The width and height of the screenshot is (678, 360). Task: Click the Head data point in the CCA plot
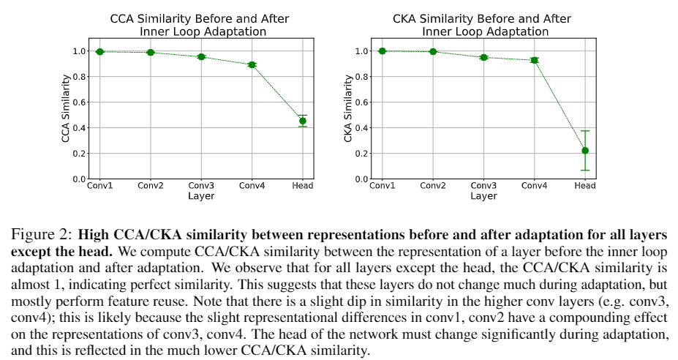pyautogui.click(x=303, y=121)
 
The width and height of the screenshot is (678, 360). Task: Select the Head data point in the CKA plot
pyautogui.click(x=585, y=151)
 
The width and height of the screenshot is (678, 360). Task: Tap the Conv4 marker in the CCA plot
pyautogui.click(x=252, y=64)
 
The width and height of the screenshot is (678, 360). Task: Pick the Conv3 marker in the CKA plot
pyautogui.click(x=483, y=57)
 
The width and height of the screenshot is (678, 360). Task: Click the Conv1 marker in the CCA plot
pyautogui.click(x=99, y=51)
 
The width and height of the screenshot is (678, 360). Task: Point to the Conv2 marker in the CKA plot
pyautogui.click(x=433, y=51)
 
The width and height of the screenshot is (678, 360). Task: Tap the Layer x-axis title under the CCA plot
pyautogui.click(x=200, y=196)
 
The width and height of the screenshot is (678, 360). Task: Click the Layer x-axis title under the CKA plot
pyautogui.click(x=483, y=196)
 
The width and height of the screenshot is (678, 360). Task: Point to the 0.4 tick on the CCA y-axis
pyautogui.click(x=79, y=128)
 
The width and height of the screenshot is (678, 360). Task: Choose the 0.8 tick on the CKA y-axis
pyautogui.click(x=361, y=77)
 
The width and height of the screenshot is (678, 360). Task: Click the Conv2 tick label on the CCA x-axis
pyautogui.click(x=151, y=186)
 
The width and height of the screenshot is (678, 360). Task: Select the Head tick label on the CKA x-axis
pyautogui.click(x=585, y=186)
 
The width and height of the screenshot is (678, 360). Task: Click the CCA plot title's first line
pyautogui.click(x=200, y=18)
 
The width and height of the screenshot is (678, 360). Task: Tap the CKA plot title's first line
pyautogui.click(x=483, y=18)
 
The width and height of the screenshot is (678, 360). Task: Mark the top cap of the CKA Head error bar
pyautogui.click(x=585, y=131)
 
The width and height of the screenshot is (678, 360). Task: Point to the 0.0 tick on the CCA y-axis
pyautogui.click(x=79, y=179)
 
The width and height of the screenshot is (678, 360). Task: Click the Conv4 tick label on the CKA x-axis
pyautogui.click(x=534, y=186)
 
